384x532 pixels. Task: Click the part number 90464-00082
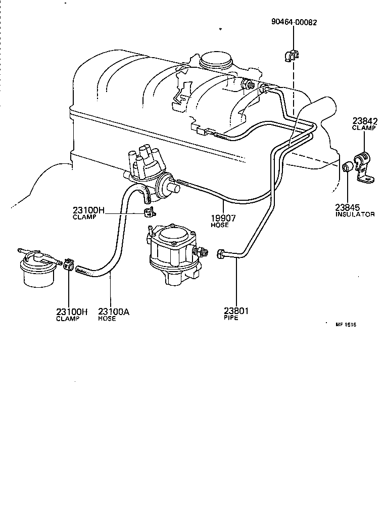[294, 23]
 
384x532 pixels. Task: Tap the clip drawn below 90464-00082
[293, 56]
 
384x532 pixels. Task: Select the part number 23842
[365, 121]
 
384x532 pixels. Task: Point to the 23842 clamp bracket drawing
[363, 167]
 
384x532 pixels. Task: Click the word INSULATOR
[355, 214]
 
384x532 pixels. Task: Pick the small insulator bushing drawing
[348, 167]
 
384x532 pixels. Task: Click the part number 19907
[222, 218]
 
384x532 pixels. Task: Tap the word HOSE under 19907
[220, 225]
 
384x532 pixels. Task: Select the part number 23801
[235, 311]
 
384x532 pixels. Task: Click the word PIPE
[230, 319]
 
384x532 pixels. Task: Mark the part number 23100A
[114, 312]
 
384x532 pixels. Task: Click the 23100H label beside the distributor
[88, 210]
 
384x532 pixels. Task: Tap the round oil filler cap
[216, 61]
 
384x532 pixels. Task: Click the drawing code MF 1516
[346, 325]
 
